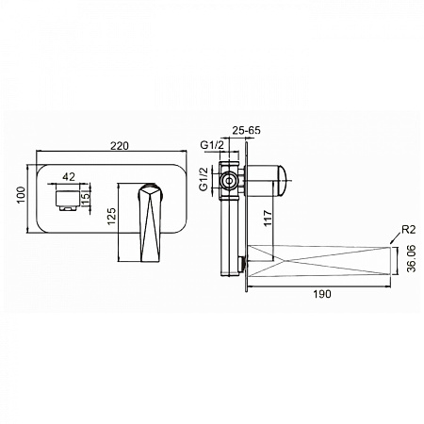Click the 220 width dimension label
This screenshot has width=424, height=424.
click(x=120, y=146)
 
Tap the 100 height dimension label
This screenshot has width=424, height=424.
click(x=21, y=195)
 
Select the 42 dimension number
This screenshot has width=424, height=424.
click(x=69, y=177)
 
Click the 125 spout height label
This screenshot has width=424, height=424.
click(x=112, y=216)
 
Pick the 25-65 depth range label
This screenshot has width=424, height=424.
click(x=246, y=130)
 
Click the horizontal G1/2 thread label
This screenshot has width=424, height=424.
click(x=212, y=145)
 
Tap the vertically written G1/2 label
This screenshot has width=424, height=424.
click(x=204, y=179)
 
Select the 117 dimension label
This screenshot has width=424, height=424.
click(x=268, y=218)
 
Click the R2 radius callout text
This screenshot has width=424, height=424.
click(x=409, y=230)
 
